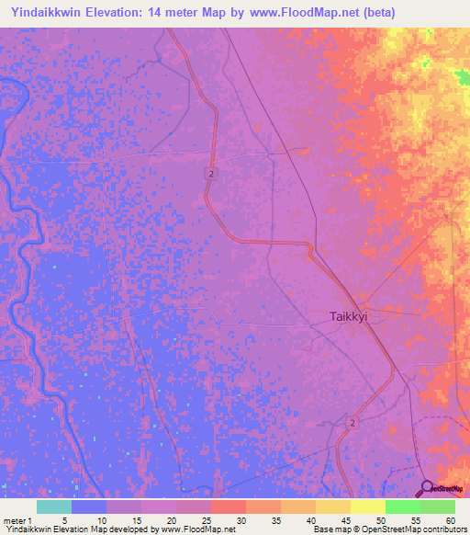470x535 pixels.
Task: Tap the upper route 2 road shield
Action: tap(211, 174)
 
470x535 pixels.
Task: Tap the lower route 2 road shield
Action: tap(352, 422)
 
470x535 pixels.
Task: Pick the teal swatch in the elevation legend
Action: tap(54, 507)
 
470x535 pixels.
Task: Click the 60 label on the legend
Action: tap(450, 519)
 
